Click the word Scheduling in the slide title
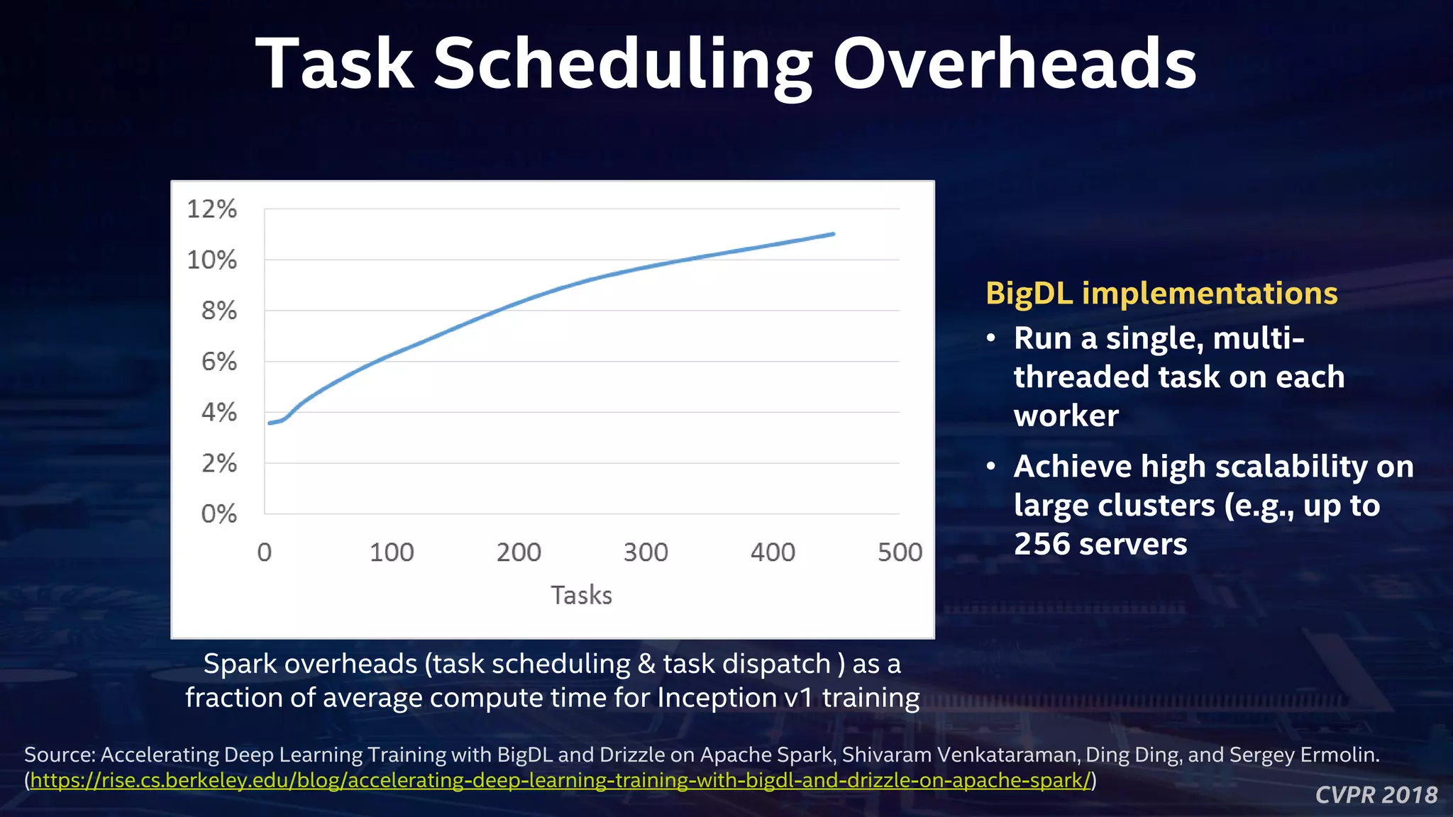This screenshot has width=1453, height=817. [622, 65]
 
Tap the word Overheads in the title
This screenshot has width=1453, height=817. [1015, 65]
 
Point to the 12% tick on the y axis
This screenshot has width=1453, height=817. [211, 209]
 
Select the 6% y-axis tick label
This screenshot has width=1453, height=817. [219, 362]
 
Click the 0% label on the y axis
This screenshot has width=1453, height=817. [219, 513]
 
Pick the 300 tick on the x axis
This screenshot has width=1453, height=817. [646, 552]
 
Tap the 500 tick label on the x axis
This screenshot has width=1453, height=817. [900, 552]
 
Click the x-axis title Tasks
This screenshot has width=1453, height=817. [581, 595]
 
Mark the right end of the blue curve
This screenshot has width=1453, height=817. [833, 233]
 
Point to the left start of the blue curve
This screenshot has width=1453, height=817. [270, 423]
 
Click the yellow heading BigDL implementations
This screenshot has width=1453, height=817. [1161, 294]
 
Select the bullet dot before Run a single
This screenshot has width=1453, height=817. [991, 338]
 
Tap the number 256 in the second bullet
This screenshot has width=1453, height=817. [1041, 545]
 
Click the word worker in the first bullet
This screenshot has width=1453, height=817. [1066, 416]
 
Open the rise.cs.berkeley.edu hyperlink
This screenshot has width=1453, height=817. [560, 781]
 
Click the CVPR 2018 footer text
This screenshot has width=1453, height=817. [1376, 795]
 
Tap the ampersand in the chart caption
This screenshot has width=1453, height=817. [646, 665]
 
